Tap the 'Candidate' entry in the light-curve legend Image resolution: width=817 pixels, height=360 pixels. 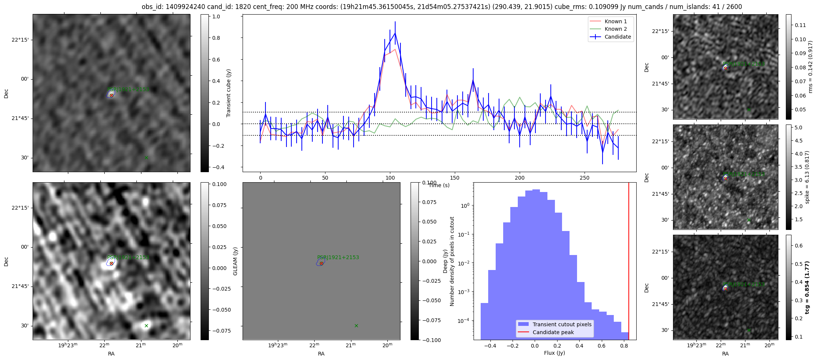618,37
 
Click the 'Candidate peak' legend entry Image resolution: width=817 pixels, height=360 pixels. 553,332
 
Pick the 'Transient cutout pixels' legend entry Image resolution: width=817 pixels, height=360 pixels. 562,324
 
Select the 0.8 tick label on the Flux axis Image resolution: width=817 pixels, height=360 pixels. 625,346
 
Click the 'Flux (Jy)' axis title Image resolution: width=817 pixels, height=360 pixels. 555,353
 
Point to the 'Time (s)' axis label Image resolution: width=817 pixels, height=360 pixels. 439,185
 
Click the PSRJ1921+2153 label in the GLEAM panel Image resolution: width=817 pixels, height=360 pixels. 338,258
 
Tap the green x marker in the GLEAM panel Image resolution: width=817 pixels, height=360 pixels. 356,325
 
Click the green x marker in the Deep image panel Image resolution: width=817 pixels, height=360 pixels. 146,325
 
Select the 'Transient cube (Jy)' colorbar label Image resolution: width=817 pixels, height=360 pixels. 229,93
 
